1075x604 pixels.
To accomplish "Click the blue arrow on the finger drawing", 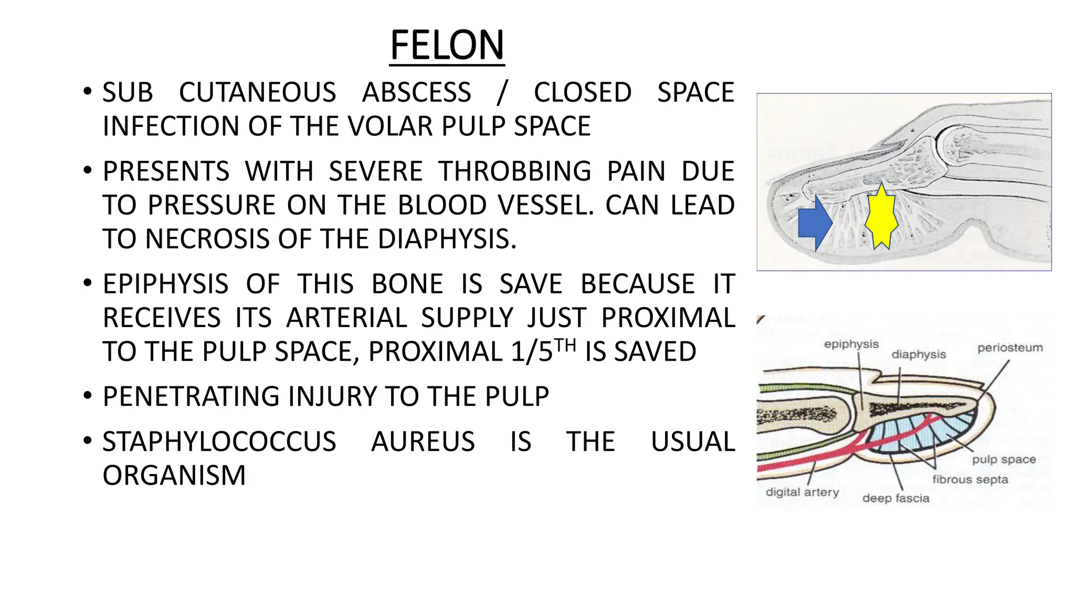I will point(814,223).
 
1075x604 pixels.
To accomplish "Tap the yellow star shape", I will point(881,217).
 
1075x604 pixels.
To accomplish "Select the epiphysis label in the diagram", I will point(851,344).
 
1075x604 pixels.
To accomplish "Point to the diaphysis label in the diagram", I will point(919,354).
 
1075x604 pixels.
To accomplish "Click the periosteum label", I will point(1009,348).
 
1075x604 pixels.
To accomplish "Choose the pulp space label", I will point(1004,460).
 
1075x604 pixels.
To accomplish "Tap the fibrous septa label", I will point(970,479).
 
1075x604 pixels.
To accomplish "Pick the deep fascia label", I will point(895,498).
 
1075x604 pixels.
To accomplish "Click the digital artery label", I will point(802,492).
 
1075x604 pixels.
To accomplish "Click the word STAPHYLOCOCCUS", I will point(219,441).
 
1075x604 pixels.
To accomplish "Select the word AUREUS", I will point(423,441).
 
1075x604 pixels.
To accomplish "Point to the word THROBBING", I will point(515,171).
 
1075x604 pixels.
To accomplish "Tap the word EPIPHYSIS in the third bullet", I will point(165,284).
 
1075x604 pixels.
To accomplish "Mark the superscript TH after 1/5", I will point(565,345).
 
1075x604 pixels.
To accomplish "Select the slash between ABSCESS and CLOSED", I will point(502,93).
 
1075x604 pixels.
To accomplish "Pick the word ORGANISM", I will point(174,476).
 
